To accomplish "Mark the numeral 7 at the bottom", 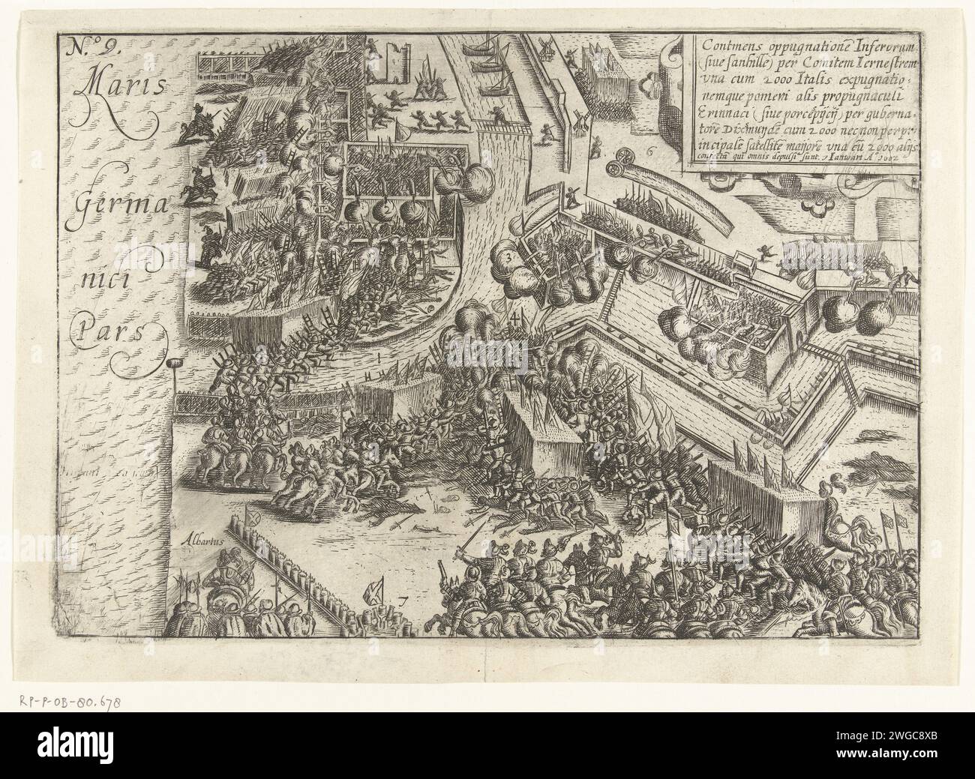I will [403, 598].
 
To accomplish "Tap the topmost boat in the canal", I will [477, 46].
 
